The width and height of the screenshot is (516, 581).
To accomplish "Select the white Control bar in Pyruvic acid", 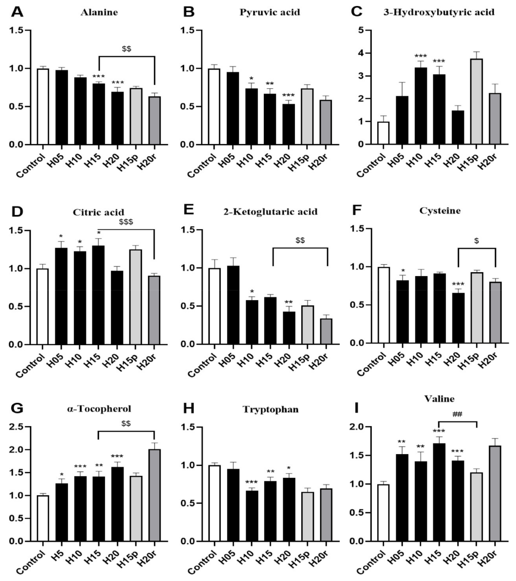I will pyautogui.click(x=214, y=107).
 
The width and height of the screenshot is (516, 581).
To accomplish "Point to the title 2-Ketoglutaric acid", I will pyautogui.click(x=270, y=212).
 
